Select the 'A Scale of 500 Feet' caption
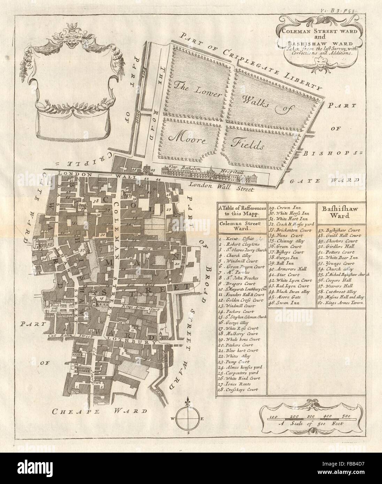(x=311, y=424)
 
